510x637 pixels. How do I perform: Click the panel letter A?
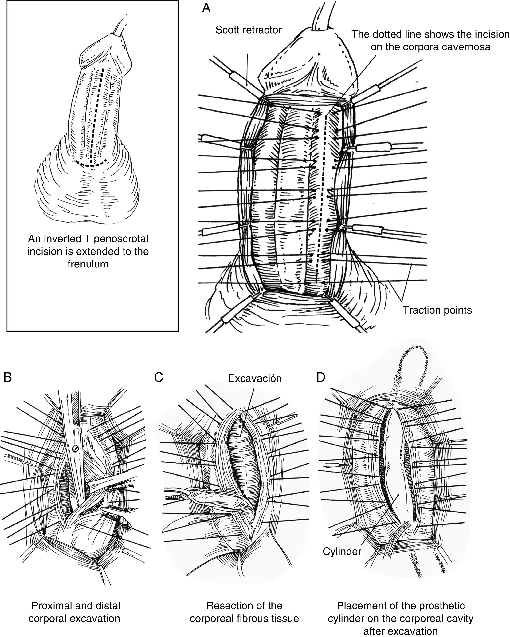point(206,8)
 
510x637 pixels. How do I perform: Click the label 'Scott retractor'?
point(248,30)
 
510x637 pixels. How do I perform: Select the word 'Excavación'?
point(255,378)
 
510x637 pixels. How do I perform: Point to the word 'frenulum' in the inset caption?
point(88,264)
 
